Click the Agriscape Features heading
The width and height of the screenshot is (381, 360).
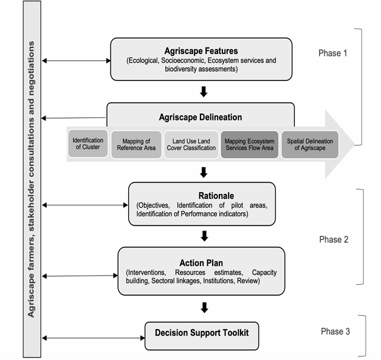pos(201,51)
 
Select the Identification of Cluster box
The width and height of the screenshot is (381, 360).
pos(88,144)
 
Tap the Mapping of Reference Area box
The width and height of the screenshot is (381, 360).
pos(136,145)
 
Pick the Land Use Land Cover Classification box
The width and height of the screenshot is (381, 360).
pos(191,145)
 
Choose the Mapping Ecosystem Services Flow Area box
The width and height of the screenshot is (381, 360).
pos(250,145)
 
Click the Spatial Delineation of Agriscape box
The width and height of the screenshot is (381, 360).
pos(310,145)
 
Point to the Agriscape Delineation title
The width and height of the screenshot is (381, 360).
pos(201,117)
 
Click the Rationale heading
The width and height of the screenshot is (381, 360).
pos(216,196)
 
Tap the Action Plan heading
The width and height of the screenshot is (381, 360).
pos(201,263)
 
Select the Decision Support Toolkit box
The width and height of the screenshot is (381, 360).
pos(202,336)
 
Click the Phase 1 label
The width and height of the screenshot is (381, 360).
pos(333,54)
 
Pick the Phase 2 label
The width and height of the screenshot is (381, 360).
pos(334,240)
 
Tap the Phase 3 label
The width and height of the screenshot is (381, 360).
pos(335,331)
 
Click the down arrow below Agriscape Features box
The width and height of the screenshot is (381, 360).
pos(204,92)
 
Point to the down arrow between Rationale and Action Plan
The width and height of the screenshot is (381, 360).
pos(204,236)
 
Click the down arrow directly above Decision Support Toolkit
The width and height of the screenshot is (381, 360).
pos(204,308)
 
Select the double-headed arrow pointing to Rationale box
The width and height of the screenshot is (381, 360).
pos(85,206)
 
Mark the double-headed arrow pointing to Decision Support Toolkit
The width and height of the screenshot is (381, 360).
pos(94,338)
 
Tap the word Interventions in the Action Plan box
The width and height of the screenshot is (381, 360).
pos(146,272)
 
